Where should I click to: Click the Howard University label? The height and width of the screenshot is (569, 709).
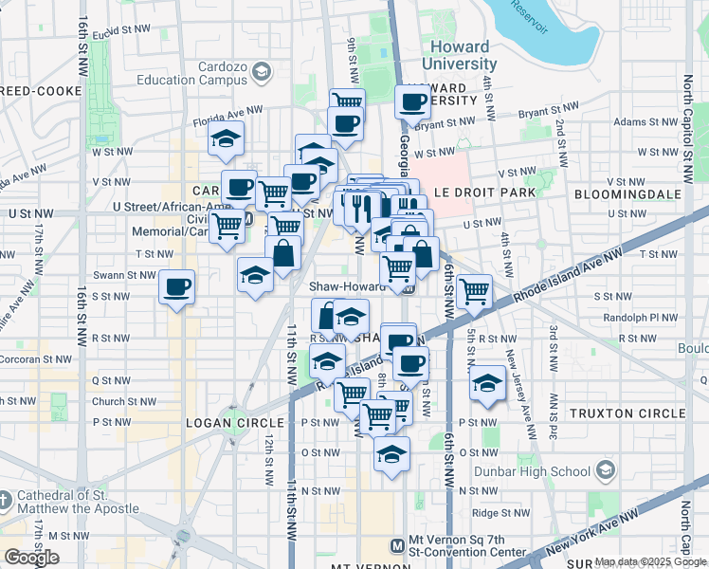[459, 55]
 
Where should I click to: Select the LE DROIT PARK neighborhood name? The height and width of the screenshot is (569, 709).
[484, 193]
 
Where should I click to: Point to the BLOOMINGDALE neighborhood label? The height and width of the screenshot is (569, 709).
[627, 193]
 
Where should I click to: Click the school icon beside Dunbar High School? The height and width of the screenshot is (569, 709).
[604, 470]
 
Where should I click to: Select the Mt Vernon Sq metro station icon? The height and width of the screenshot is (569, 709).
[398, 545]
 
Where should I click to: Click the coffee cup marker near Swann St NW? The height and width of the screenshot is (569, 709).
[177, 286]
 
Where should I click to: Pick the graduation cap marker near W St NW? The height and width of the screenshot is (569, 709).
[227, 138]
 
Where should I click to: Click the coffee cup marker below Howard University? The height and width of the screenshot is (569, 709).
[412, 101]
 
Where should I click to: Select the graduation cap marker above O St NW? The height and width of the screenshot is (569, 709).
[391, 453]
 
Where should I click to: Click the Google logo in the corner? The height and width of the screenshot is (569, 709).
[31, 558]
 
